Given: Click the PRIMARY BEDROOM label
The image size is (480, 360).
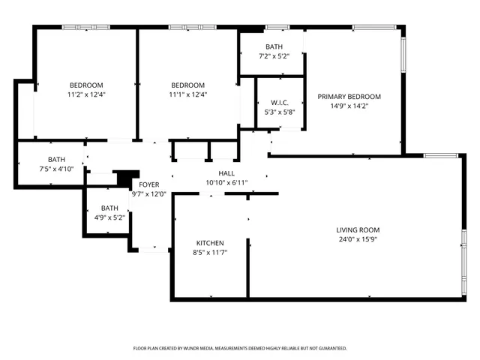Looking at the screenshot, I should (x=349, y=97).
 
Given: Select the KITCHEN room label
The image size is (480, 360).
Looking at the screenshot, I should (x=210, y=243).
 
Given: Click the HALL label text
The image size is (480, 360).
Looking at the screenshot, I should (x=226, y=173).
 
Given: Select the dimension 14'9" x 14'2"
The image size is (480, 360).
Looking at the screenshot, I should (x=349, y=106).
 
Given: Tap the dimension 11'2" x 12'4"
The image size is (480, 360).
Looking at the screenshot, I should (x=86, y=94).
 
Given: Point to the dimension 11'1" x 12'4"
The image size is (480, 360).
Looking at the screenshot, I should (x=187, y=94).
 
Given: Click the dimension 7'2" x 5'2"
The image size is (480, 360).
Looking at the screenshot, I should (x=273, y=56).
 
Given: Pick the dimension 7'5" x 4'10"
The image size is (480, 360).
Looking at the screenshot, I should (x=56, y=169).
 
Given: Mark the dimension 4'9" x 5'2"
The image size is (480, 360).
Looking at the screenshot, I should (x=109, y=218).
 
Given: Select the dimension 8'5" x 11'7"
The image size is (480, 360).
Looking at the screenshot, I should (x=210, y=253).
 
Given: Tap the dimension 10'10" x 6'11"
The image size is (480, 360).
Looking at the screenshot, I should (x=226, y=183).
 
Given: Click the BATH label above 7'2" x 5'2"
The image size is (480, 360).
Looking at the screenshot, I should (x=273, y=46).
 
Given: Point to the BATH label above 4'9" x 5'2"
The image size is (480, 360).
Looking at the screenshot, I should (x=109, y=208).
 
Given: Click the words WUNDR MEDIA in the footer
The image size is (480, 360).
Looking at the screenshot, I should (x=199, y=349).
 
